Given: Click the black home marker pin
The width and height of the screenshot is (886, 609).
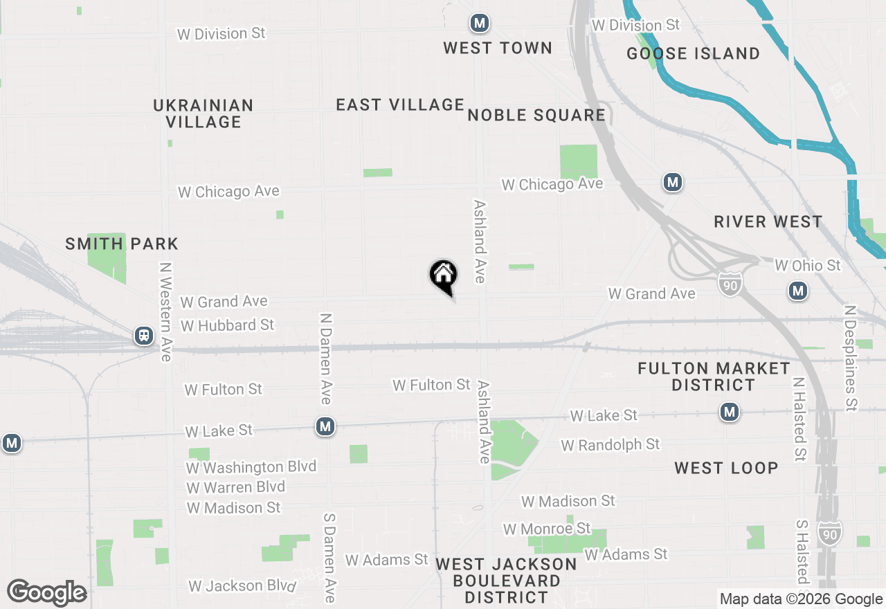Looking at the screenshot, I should [443, 275].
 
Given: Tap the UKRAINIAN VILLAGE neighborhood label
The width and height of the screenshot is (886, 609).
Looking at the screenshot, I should [204, 113].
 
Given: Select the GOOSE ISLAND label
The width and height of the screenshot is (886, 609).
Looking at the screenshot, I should [693, 53].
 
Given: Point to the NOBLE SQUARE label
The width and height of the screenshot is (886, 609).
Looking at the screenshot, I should [536, 115].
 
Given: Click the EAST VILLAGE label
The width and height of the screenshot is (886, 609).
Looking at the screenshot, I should [400, 104].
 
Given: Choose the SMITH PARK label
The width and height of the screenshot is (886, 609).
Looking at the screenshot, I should [122, 244].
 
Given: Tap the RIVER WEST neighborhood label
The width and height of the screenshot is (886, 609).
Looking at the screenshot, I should [768, 221].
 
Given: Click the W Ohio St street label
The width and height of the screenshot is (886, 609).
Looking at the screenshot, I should [808, 265].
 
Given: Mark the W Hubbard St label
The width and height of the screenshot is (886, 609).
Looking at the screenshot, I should [227, 325].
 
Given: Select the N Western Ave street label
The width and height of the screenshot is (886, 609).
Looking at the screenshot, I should [165, 311].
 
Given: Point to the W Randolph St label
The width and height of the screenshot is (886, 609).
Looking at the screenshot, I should [611, 444].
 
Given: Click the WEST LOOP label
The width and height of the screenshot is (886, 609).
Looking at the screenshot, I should [726, 468].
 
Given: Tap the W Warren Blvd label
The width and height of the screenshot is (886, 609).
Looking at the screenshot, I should [235, 487].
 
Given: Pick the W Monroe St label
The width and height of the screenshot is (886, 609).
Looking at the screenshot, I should [547, 529].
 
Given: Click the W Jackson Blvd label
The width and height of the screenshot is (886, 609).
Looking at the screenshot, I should [242, 586].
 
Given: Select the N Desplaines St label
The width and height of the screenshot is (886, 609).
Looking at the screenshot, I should [851, 359].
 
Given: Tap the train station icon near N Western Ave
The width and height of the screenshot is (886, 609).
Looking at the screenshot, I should [144, 336].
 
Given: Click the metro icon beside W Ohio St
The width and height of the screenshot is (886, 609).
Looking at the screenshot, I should [798, 291].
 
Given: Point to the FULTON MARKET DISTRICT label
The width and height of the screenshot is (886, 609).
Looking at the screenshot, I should [713, 376].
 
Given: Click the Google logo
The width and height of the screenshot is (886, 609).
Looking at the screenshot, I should [47, 593].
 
